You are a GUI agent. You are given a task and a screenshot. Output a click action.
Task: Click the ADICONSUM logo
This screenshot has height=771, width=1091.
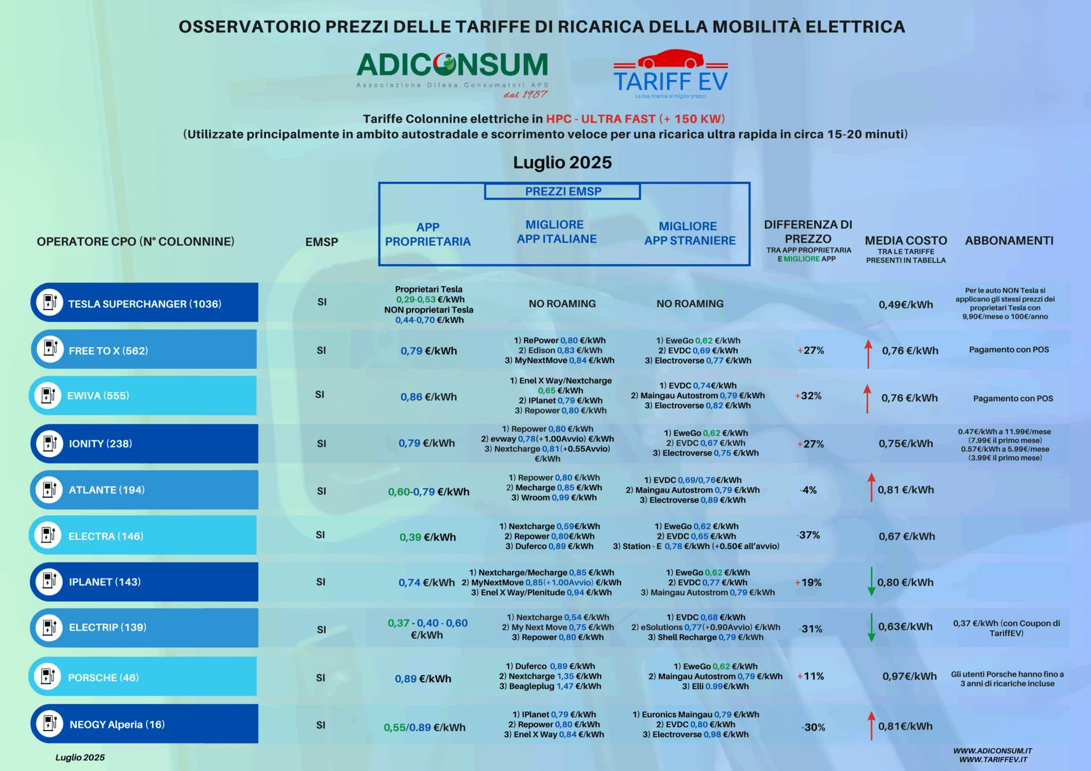(x=452, y=74)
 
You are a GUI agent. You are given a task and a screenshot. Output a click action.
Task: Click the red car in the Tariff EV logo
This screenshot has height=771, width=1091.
(x=671, y=59)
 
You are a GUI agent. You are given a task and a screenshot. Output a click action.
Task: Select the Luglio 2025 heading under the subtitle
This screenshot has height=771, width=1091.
(x=563, y=162)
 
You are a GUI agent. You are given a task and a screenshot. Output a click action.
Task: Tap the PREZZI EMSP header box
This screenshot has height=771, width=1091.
(x=563, y=191)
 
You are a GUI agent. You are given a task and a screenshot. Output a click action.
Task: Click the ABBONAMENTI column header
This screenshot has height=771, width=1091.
(x=1009, y=241)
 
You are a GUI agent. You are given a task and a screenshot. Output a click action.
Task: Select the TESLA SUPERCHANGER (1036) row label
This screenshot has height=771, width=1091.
(x=145, y=304)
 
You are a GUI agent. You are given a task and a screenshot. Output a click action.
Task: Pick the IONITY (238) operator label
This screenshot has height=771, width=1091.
(x=101, y=444)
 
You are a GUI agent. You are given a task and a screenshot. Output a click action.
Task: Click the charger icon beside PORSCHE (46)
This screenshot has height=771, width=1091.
(x=48, y=677)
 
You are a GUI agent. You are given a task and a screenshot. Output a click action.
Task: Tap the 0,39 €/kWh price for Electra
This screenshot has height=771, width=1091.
(x=427, y=537)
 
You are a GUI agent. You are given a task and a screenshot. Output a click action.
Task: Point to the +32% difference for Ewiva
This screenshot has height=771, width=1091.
(x=808, y=396)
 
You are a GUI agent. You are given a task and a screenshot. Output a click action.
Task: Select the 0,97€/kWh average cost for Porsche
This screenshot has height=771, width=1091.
(x=909, y=676)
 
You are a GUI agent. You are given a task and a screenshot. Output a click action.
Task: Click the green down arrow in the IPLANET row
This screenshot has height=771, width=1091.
(x=871, y=581)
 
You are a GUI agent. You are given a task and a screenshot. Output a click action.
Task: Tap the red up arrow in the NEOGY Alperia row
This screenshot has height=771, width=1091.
(x=871, y=726)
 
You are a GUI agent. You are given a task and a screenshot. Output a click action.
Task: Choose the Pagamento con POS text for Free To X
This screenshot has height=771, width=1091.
(x=1009, y=350)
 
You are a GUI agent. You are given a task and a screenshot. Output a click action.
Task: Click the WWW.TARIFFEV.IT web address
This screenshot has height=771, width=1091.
(x=993, y=760)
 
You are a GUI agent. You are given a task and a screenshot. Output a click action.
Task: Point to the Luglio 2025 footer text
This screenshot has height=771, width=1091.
(x=80, y=757)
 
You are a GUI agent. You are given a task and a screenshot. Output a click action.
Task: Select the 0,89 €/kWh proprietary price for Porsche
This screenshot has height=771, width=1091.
(x=423, y=678)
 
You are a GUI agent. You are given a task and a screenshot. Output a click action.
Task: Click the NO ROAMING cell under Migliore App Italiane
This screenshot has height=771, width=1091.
(x=563, y=304)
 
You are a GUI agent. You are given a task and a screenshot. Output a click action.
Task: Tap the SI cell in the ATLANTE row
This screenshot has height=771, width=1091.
(x=322, y=491)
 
